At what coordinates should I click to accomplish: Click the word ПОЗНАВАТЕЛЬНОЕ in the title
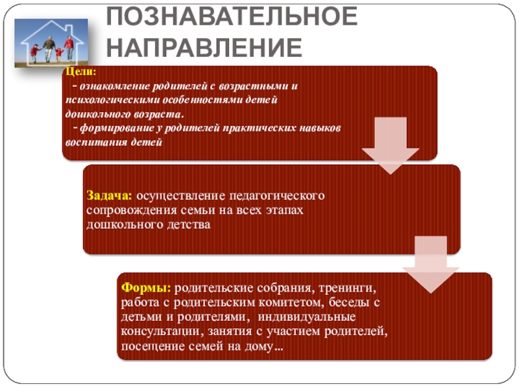pos(232,18)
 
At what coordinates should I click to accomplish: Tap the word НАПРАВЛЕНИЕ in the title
pos(204,47)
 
